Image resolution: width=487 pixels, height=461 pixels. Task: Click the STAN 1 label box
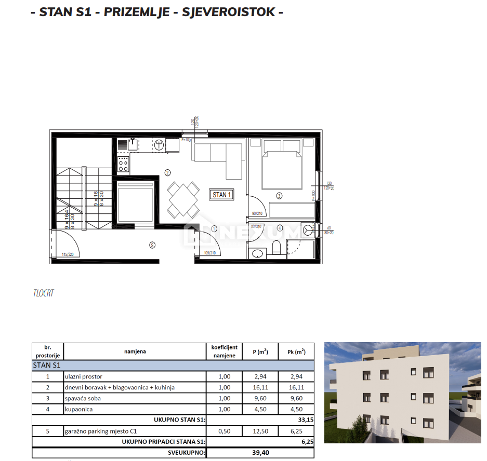click(221, 195)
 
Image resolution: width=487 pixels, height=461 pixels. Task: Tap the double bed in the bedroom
click(282, 169)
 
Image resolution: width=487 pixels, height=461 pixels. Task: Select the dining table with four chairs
click(182, 200)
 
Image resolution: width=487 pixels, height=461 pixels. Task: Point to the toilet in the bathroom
click(277, 248)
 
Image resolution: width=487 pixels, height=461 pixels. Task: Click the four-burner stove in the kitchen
click(123, 164)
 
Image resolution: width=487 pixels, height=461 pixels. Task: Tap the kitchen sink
click(132, 144)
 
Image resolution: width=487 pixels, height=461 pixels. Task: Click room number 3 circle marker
click(279, 196)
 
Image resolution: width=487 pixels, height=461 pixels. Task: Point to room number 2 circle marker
click(167, 172)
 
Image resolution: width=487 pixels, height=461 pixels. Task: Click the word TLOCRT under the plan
click(43, 293)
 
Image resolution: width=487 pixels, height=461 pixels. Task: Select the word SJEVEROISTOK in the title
click(229, 12)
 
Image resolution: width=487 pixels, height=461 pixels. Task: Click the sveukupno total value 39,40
click(260, 453)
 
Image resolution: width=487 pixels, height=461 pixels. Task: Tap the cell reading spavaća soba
click(83, 398)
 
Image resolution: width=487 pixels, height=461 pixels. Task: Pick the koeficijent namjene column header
click(225, 351)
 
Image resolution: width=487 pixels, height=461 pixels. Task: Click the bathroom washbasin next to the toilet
click(257, 253)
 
